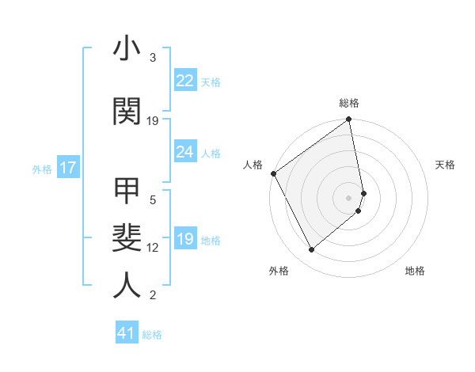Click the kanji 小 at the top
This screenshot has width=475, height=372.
(127, 49)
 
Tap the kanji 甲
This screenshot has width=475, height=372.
(127, 192)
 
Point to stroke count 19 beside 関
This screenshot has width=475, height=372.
(153, 121)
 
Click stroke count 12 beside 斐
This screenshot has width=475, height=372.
(153, 248)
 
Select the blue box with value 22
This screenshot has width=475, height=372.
(184, 81)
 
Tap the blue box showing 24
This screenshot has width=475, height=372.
(184, 152)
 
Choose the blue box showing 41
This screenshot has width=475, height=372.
(127, 333)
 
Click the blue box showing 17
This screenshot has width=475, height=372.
(68, 168)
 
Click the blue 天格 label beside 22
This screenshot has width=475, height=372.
(211, 82)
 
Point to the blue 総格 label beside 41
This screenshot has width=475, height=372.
(152, 335)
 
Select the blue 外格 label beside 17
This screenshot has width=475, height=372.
(42, 169)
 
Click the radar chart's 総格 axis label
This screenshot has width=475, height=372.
(349, 103)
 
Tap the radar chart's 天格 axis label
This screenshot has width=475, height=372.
(445, 165)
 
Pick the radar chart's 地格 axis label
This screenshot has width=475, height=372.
(415, 271)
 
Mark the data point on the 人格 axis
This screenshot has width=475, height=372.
(274, 173)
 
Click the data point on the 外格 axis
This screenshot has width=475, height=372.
(311, 250)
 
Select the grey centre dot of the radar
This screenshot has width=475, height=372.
(349, 197)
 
